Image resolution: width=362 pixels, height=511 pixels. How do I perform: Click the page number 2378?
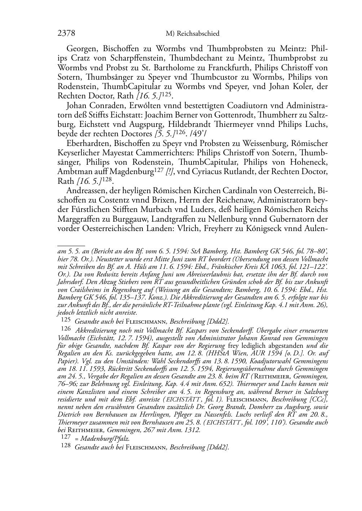point(66,34)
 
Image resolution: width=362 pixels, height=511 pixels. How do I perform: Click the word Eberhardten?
point(87,143)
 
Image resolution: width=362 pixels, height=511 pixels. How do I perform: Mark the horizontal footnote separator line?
point(71,245)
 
